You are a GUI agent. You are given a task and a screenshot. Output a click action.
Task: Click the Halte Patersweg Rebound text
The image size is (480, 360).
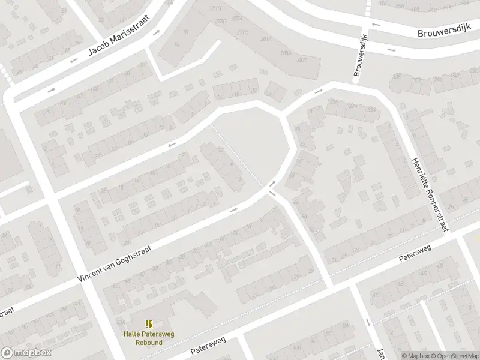tap(148, 338)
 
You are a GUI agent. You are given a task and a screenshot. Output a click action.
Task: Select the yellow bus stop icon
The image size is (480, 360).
tap(149, 324)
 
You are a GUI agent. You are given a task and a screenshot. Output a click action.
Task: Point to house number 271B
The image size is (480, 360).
tap(215, 8)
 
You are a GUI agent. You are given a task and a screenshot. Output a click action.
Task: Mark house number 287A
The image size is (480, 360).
tap(302, 60)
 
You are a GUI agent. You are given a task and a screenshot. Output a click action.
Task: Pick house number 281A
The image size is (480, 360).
tap(266, 38)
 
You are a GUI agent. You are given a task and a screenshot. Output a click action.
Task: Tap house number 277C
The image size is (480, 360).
tap(242, 32)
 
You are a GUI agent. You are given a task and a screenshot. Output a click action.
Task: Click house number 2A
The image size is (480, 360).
tap(269, 94)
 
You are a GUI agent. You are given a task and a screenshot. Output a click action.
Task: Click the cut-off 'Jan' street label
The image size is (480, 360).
tap(380, 353)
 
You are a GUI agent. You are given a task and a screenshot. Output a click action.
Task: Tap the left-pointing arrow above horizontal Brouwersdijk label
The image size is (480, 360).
tap(376, 25)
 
